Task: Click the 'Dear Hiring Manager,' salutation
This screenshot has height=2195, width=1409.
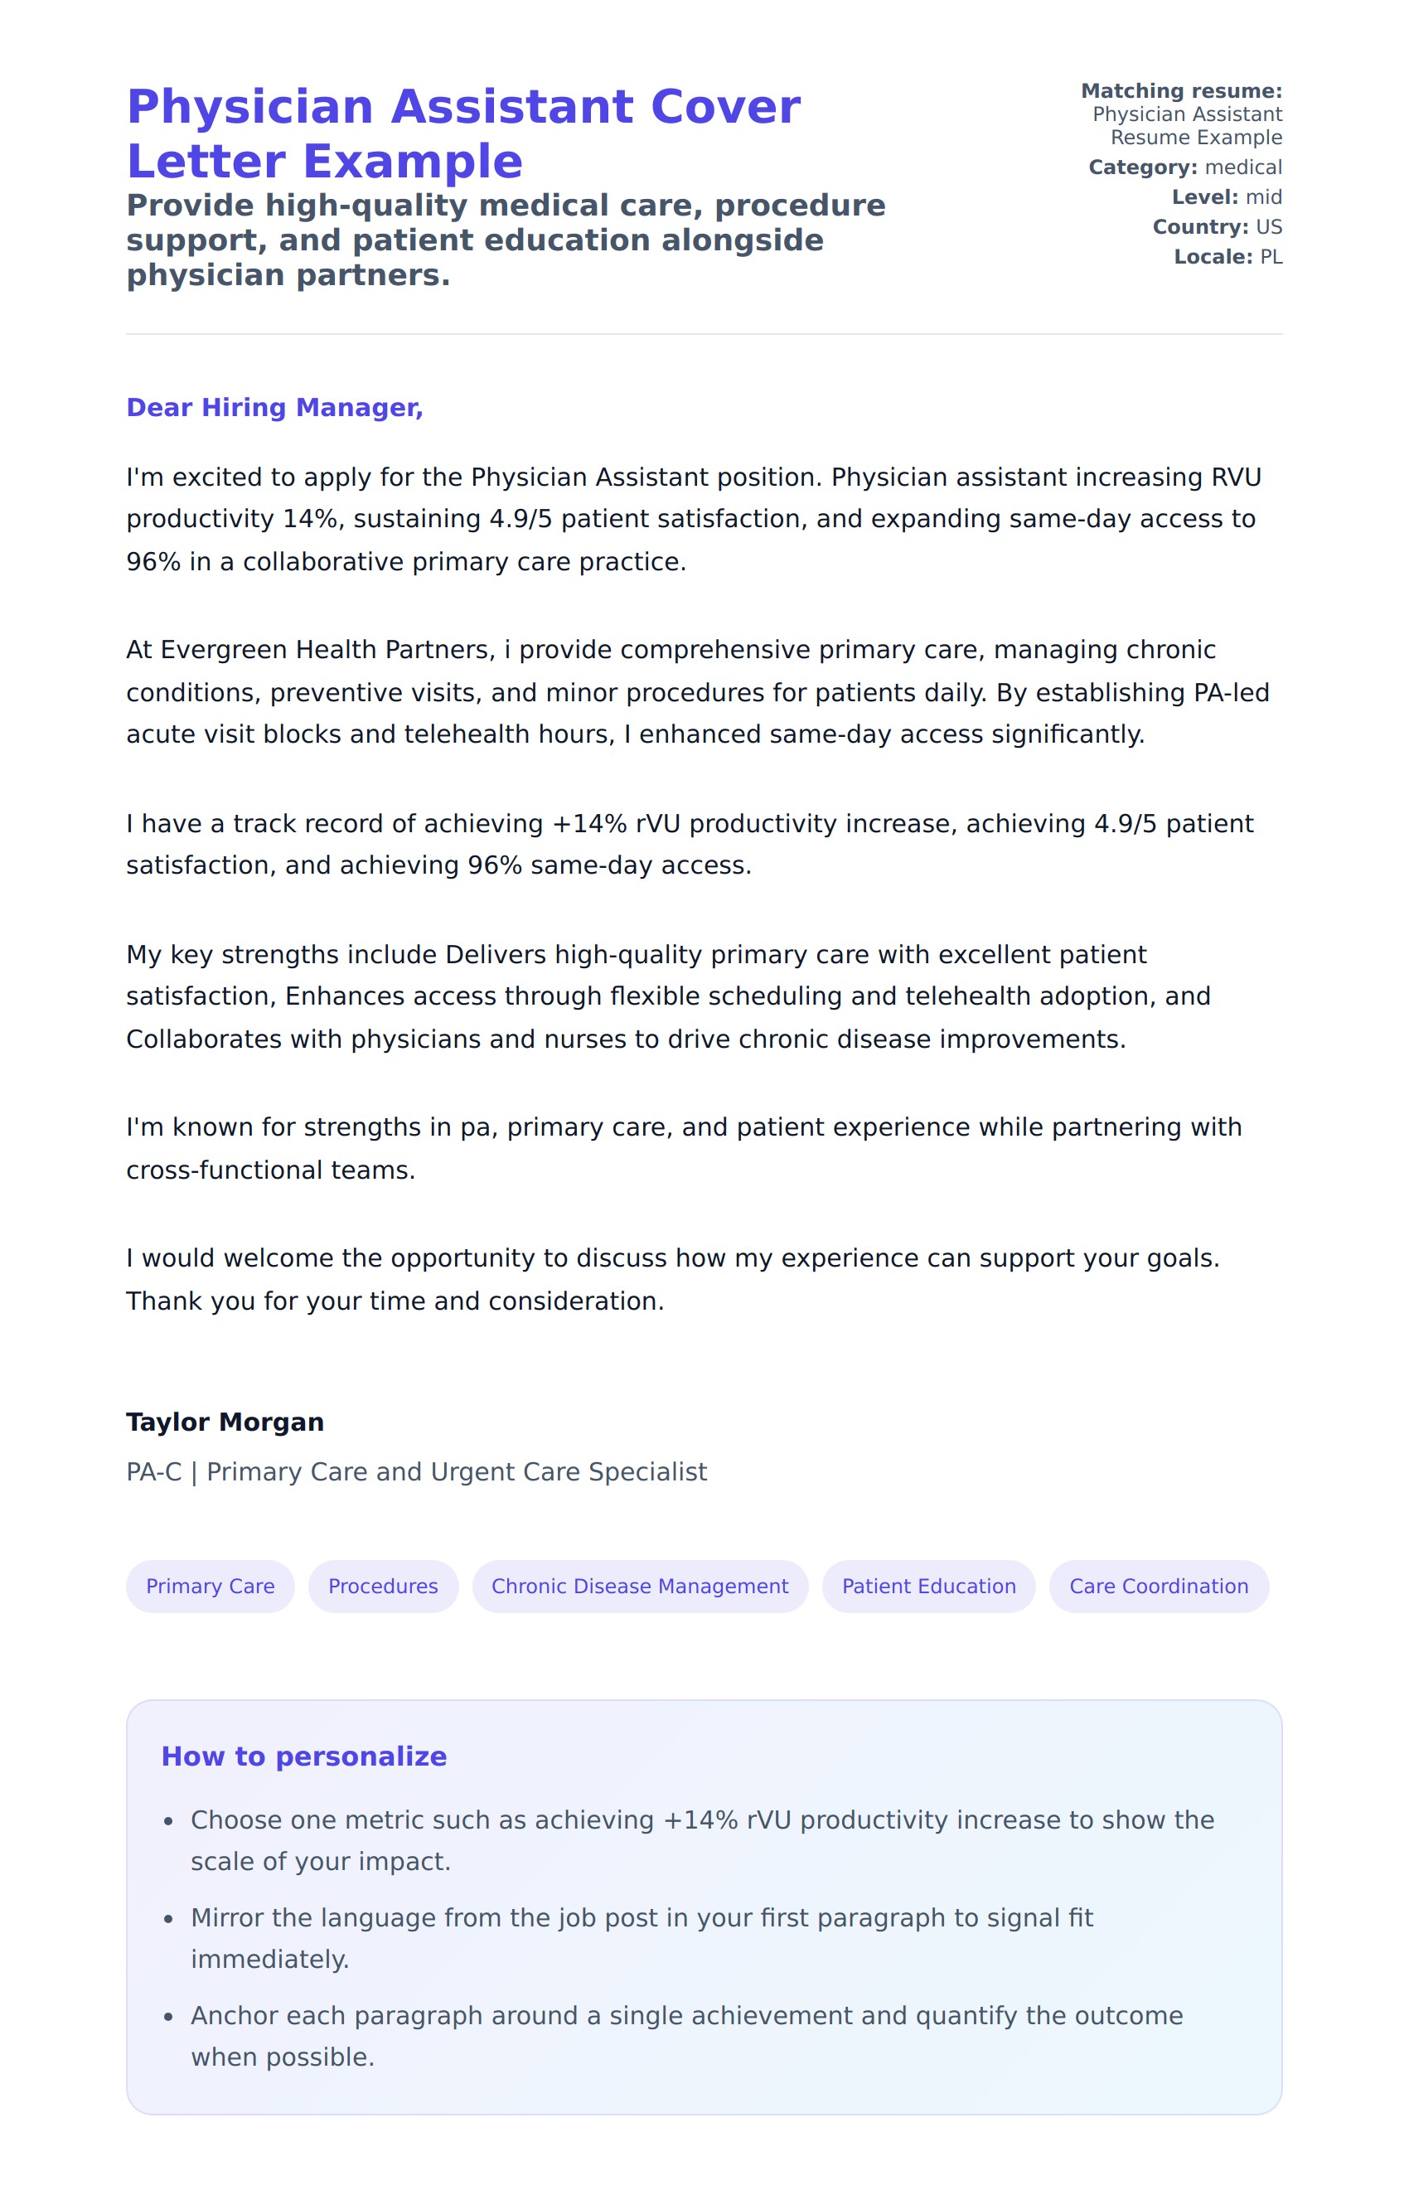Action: coord(274,407)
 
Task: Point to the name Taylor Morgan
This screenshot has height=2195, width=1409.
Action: coord(225,1422)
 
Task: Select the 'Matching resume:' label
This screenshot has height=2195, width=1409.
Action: coord(1181,90)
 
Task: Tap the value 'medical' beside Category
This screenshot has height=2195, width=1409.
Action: coord(1243,167)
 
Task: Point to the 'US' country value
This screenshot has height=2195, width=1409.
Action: coord(1269,227)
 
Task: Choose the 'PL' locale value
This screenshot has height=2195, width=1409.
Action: coord(1271,257)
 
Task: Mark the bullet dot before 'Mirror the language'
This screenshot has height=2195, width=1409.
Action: coord(168,1919)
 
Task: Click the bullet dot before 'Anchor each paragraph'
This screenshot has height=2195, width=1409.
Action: coord(168,2017)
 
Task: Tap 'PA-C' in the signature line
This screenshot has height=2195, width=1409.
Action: coord(153,1471)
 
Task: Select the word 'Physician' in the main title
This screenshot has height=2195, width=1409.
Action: coord(249,107)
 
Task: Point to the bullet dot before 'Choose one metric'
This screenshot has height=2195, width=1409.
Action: coord(168,1821)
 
